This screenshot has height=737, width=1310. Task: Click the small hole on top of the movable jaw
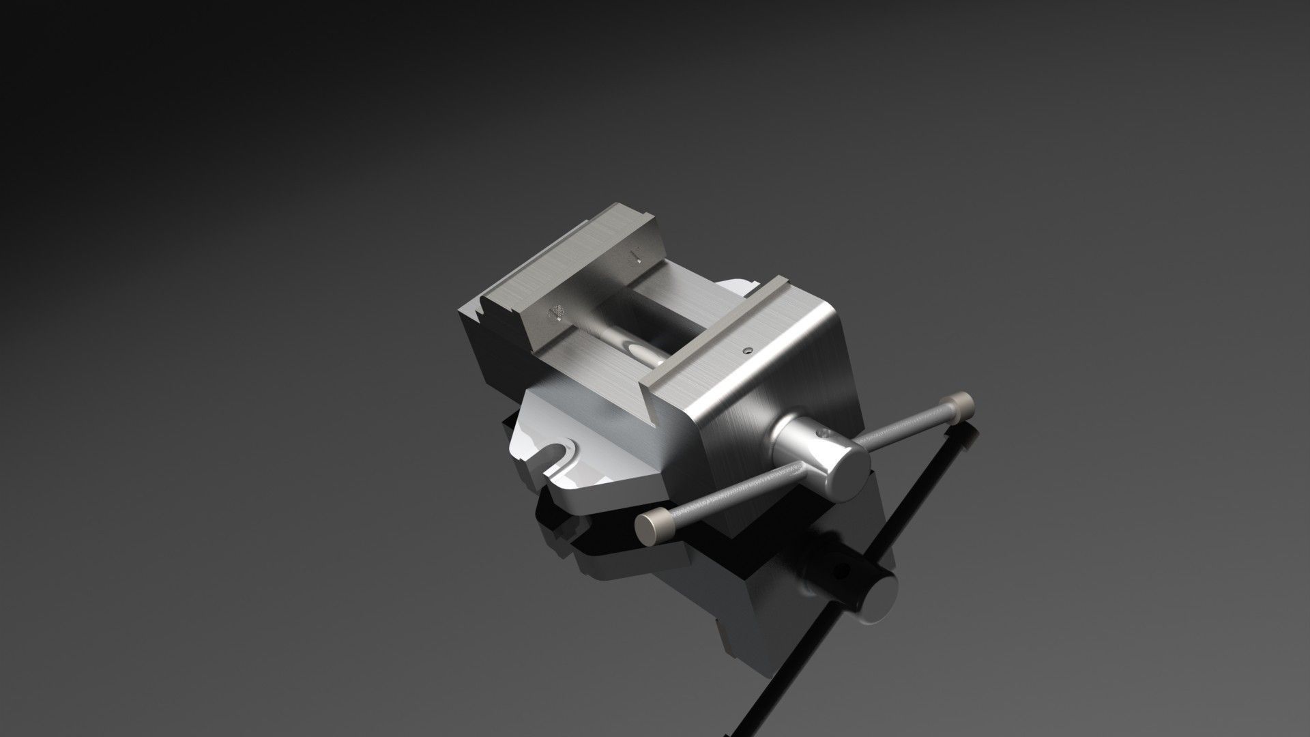(748, 351)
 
